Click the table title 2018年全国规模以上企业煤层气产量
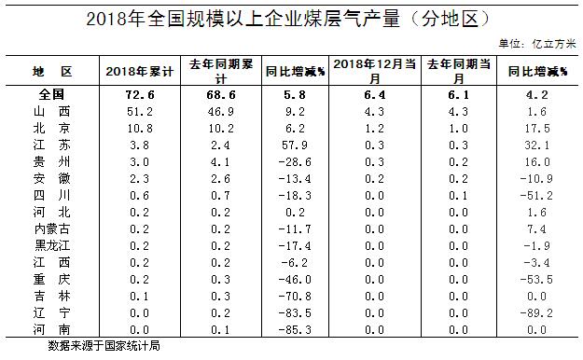tap(243, 19)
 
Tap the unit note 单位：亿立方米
tap(537, 44)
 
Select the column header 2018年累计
tap(139, 72)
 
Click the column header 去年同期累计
tap(221, 71)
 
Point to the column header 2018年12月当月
tap(374, 71)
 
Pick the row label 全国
tap(51, 94)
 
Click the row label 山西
tap(51, 111)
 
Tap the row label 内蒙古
tap(51, 228)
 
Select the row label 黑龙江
tap(52, 245)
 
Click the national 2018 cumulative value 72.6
tap(139, 95)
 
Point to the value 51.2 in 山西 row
tap(139, 112)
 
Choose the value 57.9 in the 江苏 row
tap(295, 145)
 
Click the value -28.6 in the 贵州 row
tap(295, 161)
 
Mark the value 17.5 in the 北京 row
tap(537, 129)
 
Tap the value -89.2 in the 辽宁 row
tap(536, 312)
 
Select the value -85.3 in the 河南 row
tap(295, 329)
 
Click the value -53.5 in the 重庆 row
tap(536, 279)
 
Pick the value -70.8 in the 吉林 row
tap(295, 296)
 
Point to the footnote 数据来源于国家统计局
tap(104, 346)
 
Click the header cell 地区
tap(52, 71)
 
